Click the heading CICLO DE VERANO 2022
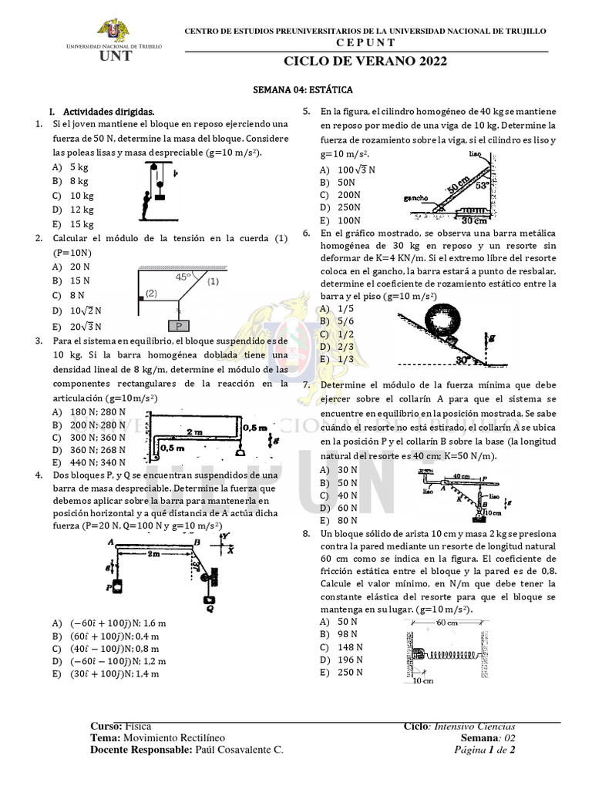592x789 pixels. [x=365, y=62]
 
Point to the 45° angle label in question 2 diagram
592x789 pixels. [x=183, y=276]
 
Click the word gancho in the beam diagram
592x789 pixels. [x=415, y=198]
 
